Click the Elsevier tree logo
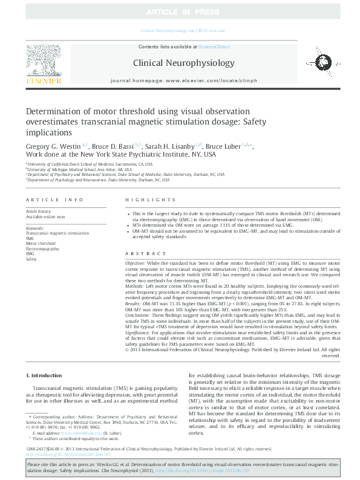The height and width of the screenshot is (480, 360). pyautogui.click(x=43, y=63)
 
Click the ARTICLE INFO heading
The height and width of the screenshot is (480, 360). pyautogui.click(x=54, y=199)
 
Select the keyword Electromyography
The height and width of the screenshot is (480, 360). pyautogui.click(x=42, y=248)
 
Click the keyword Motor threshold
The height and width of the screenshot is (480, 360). pyautogui.click(x=41, y=244)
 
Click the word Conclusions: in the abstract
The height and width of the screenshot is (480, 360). pyautogui.click(x=139, y=315)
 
